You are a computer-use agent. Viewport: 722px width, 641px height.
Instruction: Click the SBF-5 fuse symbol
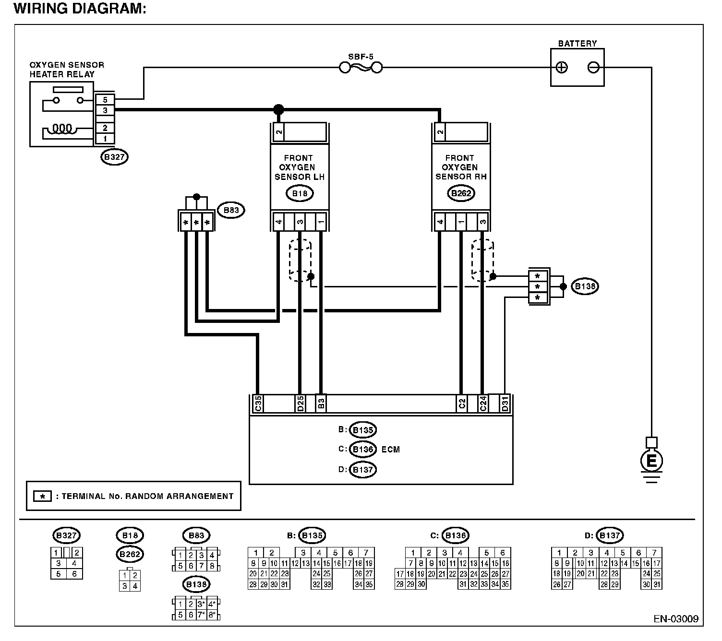361,67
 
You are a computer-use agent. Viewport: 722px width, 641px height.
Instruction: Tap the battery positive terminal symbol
562,67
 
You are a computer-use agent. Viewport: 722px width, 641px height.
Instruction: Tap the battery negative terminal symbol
593,67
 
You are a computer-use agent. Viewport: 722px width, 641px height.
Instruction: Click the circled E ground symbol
651,461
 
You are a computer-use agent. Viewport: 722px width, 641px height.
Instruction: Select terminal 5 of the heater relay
105,100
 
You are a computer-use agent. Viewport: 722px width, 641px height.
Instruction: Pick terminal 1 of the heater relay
105,139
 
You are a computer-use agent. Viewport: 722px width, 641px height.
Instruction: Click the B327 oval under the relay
114,157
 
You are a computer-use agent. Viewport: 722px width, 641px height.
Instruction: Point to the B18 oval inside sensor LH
300,193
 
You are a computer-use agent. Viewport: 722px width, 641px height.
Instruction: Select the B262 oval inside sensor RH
461,193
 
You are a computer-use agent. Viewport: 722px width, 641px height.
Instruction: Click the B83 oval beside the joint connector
231,210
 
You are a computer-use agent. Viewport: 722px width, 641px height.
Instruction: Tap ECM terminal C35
258,404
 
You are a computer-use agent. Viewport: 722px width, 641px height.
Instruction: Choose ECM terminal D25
301,404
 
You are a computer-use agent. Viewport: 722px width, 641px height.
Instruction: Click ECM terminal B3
321,404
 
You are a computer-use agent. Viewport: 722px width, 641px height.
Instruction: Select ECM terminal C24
483,404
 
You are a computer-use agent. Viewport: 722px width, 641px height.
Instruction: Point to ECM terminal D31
505,404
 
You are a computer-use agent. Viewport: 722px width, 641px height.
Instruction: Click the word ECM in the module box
391,450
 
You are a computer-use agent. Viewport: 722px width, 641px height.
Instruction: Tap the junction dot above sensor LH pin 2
279,109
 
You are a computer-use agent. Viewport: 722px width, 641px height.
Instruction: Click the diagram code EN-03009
676,618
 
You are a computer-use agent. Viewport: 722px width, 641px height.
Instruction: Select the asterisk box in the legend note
42,496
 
